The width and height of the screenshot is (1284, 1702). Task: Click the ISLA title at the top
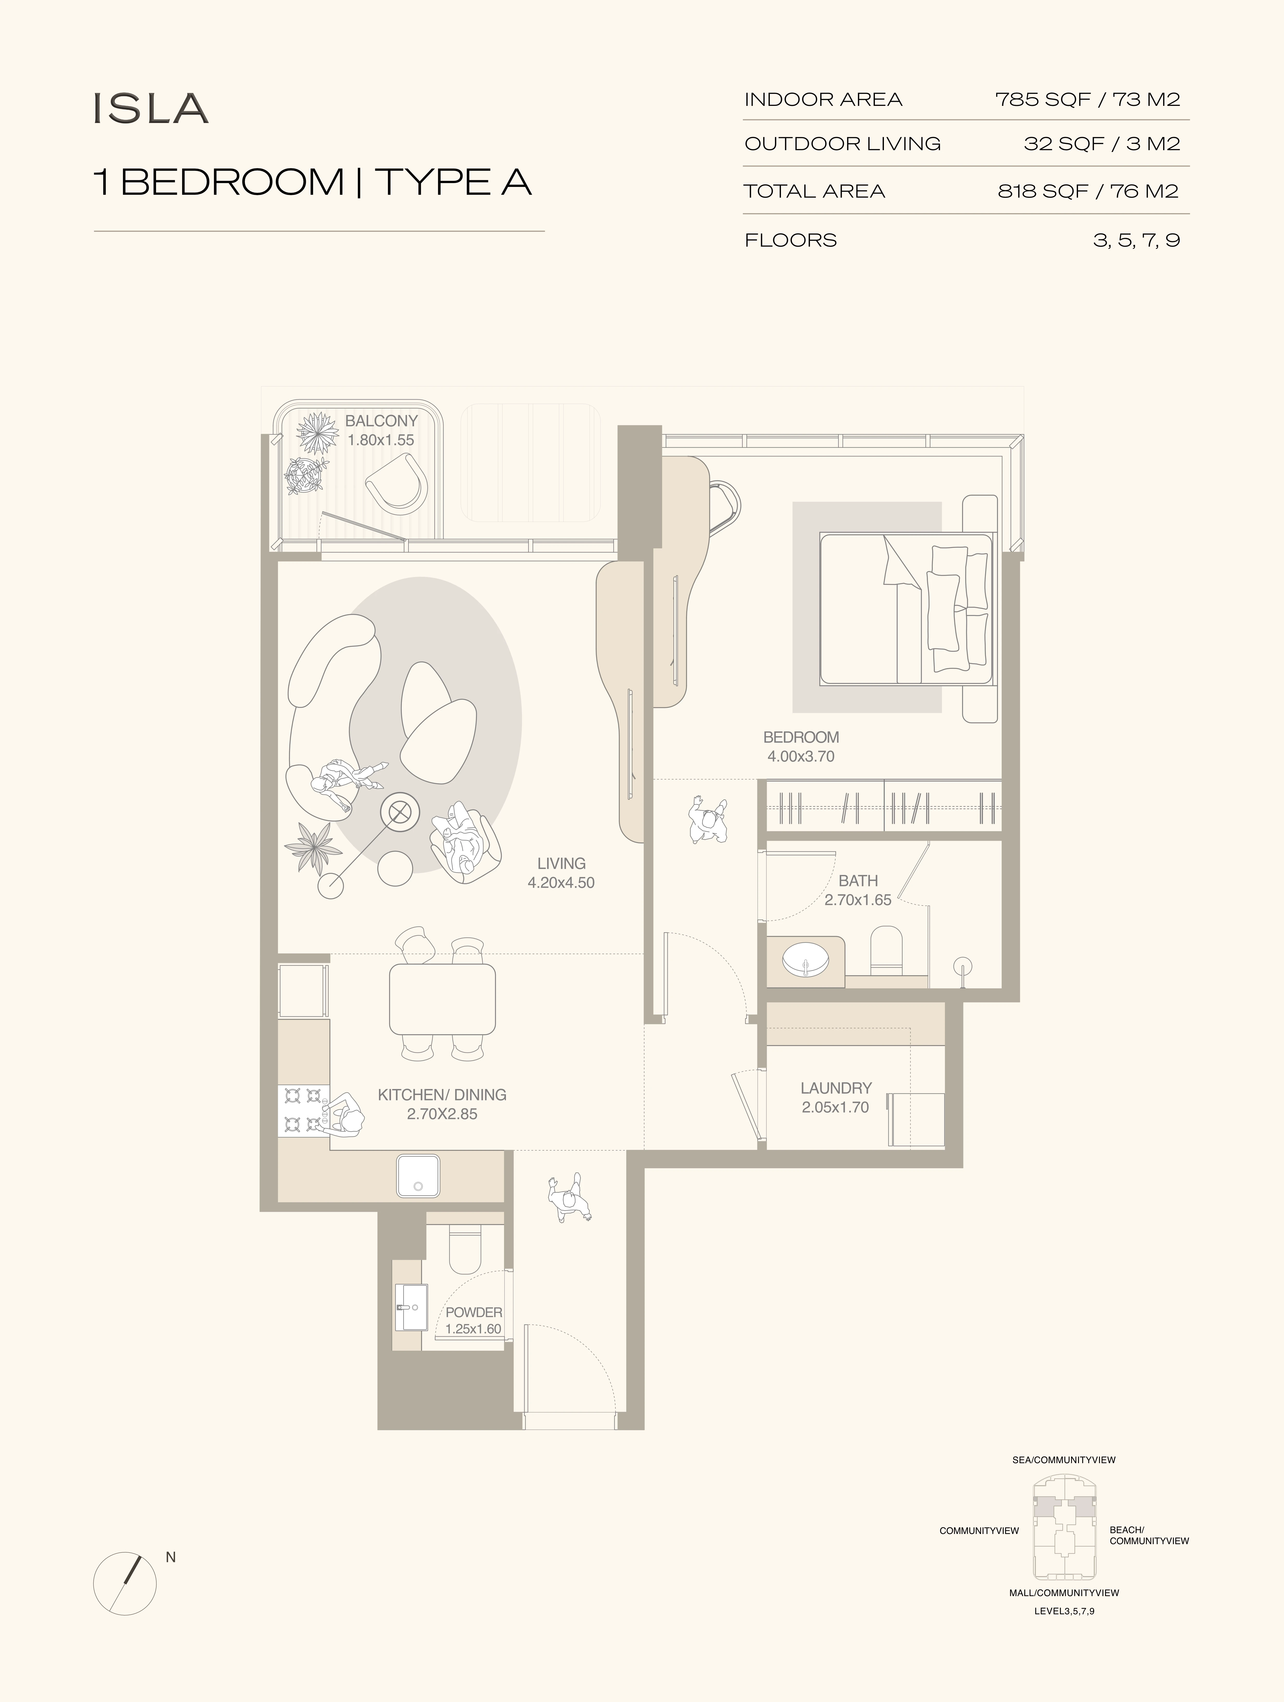[151, 108]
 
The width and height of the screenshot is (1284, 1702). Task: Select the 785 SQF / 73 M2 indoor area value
[1088, 99]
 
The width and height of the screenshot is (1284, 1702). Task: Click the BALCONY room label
[381, 421]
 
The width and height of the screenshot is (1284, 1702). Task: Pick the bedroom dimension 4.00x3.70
[801, 756]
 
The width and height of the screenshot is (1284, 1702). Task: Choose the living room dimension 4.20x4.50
[561, 882]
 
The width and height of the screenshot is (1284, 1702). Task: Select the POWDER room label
[474, 1312]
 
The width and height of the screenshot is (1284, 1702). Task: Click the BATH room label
[858, 880]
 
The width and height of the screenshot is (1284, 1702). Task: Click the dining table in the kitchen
[442, 999]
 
